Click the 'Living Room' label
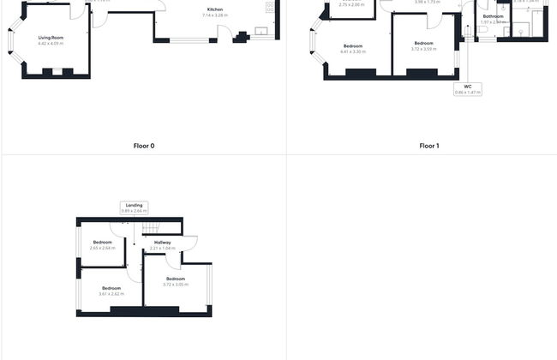point(51,38)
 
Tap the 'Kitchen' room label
point(215,10)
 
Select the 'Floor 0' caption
point(144,146)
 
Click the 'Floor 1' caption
point(429,146)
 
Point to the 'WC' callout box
point(468,88)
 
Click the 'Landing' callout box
point(134,207)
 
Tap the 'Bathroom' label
point(493,16)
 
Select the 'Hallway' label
point(162,243)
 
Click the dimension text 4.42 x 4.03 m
point(51,43)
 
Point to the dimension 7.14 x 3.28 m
point(215,15)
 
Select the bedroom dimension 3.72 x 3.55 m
point(424,49)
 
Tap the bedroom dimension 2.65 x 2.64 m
point(102,248)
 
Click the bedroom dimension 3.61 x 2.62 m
point(111,293)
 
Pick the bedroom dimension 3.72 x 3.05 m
point(176,284)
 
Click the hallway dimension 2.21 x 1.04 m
point(162,248)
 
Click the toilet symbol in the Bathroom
point(483,30)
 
